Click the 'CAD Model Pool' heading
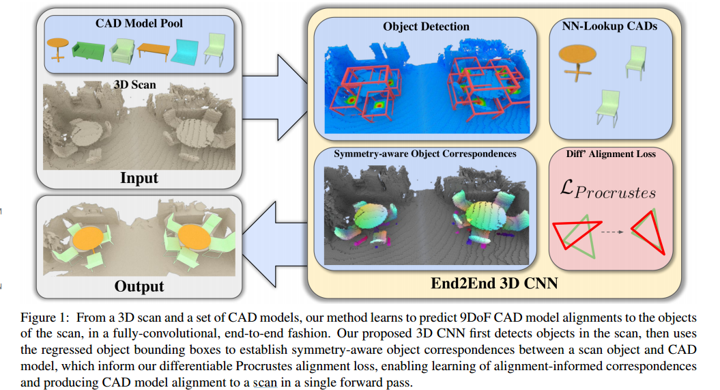[139, 23]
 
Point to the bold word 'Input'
[139, 178]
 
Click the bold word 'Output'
[139, 285]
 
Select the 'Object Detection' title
[426, 27]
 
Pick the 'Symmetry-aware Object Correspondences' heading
[425, 154]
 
